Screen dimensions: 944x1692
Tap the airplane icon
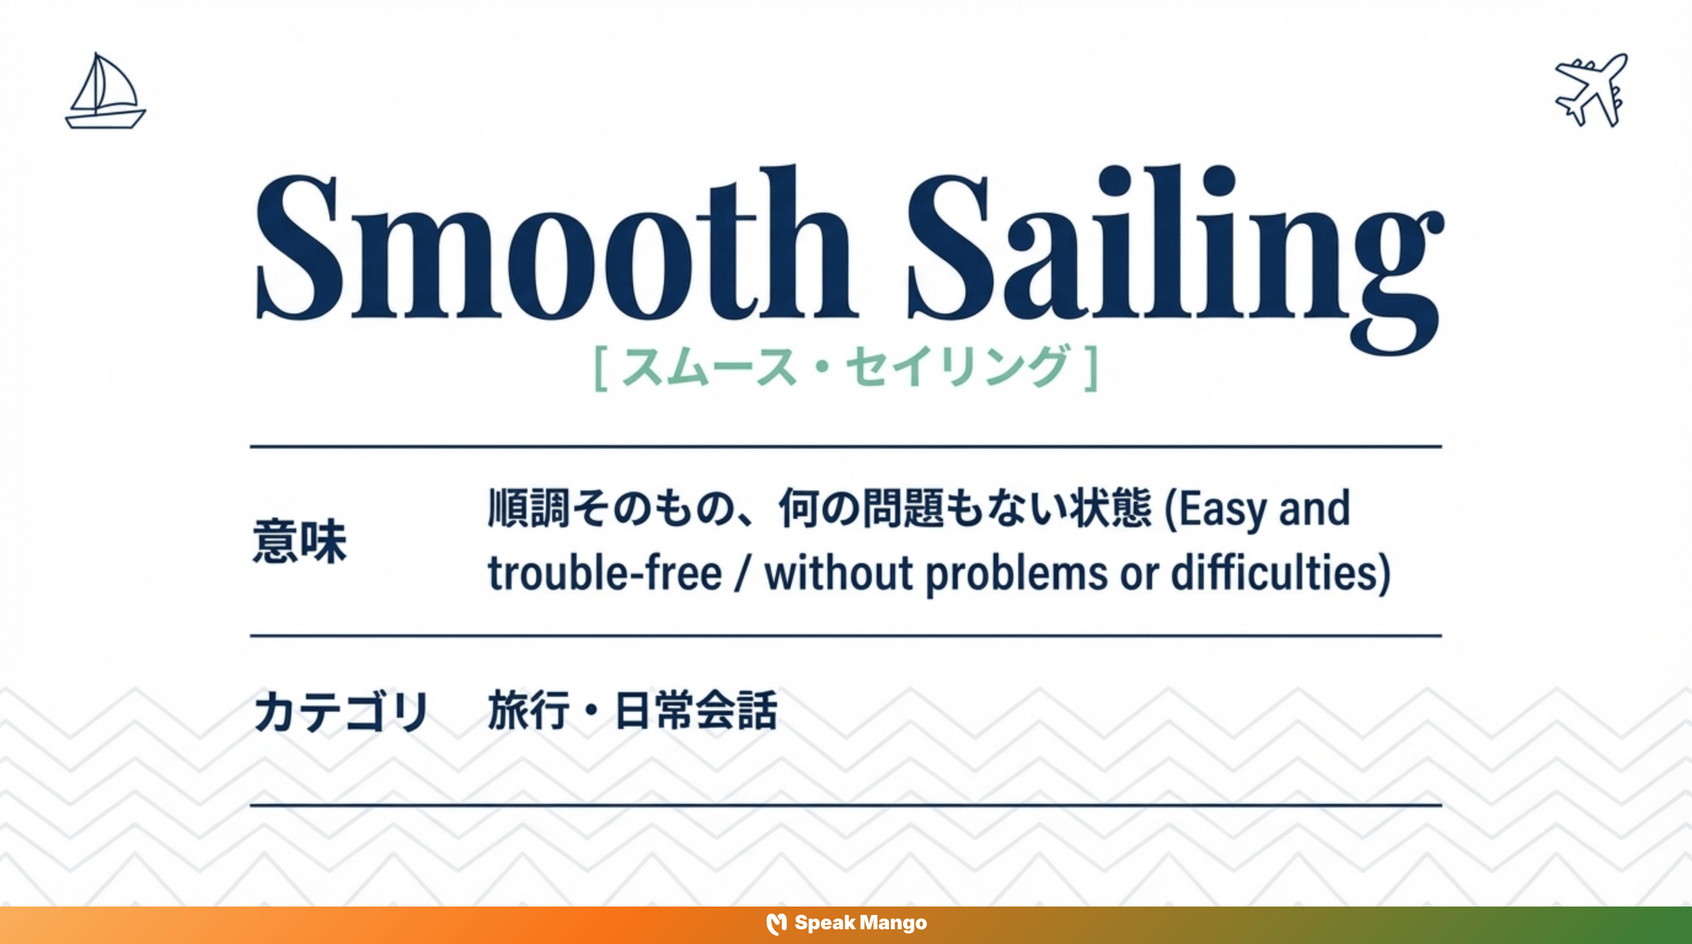(x=1591, y=90)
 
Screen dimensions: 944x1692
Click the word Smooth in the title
(x=555, y=246)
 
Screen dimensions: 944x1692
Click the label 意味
(x=299, y=541)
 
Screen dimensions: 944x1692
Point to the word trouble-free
(x=605, y=573)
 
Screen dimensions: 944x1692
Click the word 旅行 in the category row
(x=528, y=710)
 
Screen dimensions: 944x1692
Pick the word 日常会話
(x=696, y=710)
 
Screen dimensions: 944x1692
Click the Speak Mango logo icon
(x=777, y=924)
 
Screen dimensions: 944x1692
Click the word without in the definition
(x=838, y=573)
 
